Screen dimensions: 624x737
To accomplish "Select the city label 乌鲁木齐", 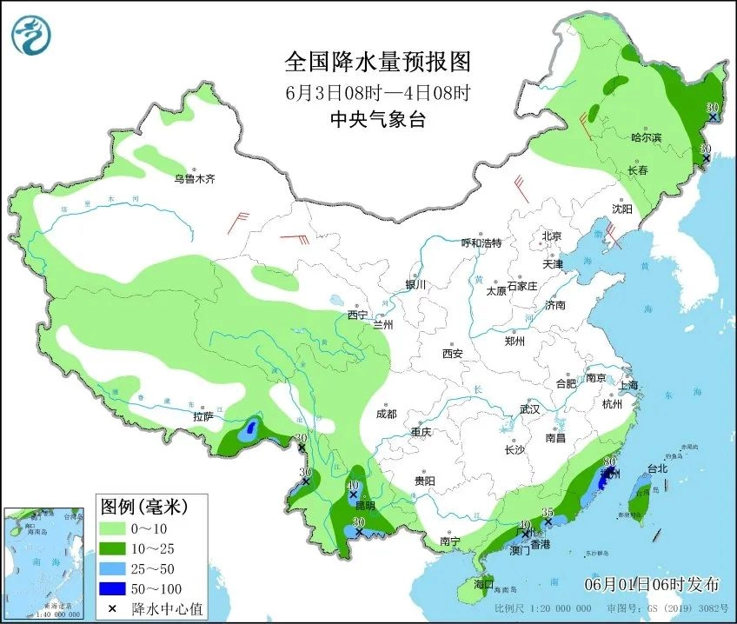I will coord(193,179).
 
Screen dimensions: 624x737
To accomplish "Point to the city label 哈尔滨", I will coord(646,138).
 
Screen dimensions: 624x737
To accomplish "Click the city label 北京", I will coord(552,236).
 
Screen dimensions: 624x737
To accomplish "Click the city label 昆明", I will coord(365,505).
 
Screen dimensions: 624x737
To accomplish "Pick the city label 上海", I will coord(627,385).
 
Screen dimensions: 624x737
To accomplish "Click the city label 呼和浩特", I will coord(481,242).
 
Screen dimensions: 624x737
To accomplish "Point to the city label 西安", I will coord(453,354).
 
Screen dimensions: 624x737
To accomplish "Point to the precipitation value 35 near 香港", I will coord(548,513).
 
